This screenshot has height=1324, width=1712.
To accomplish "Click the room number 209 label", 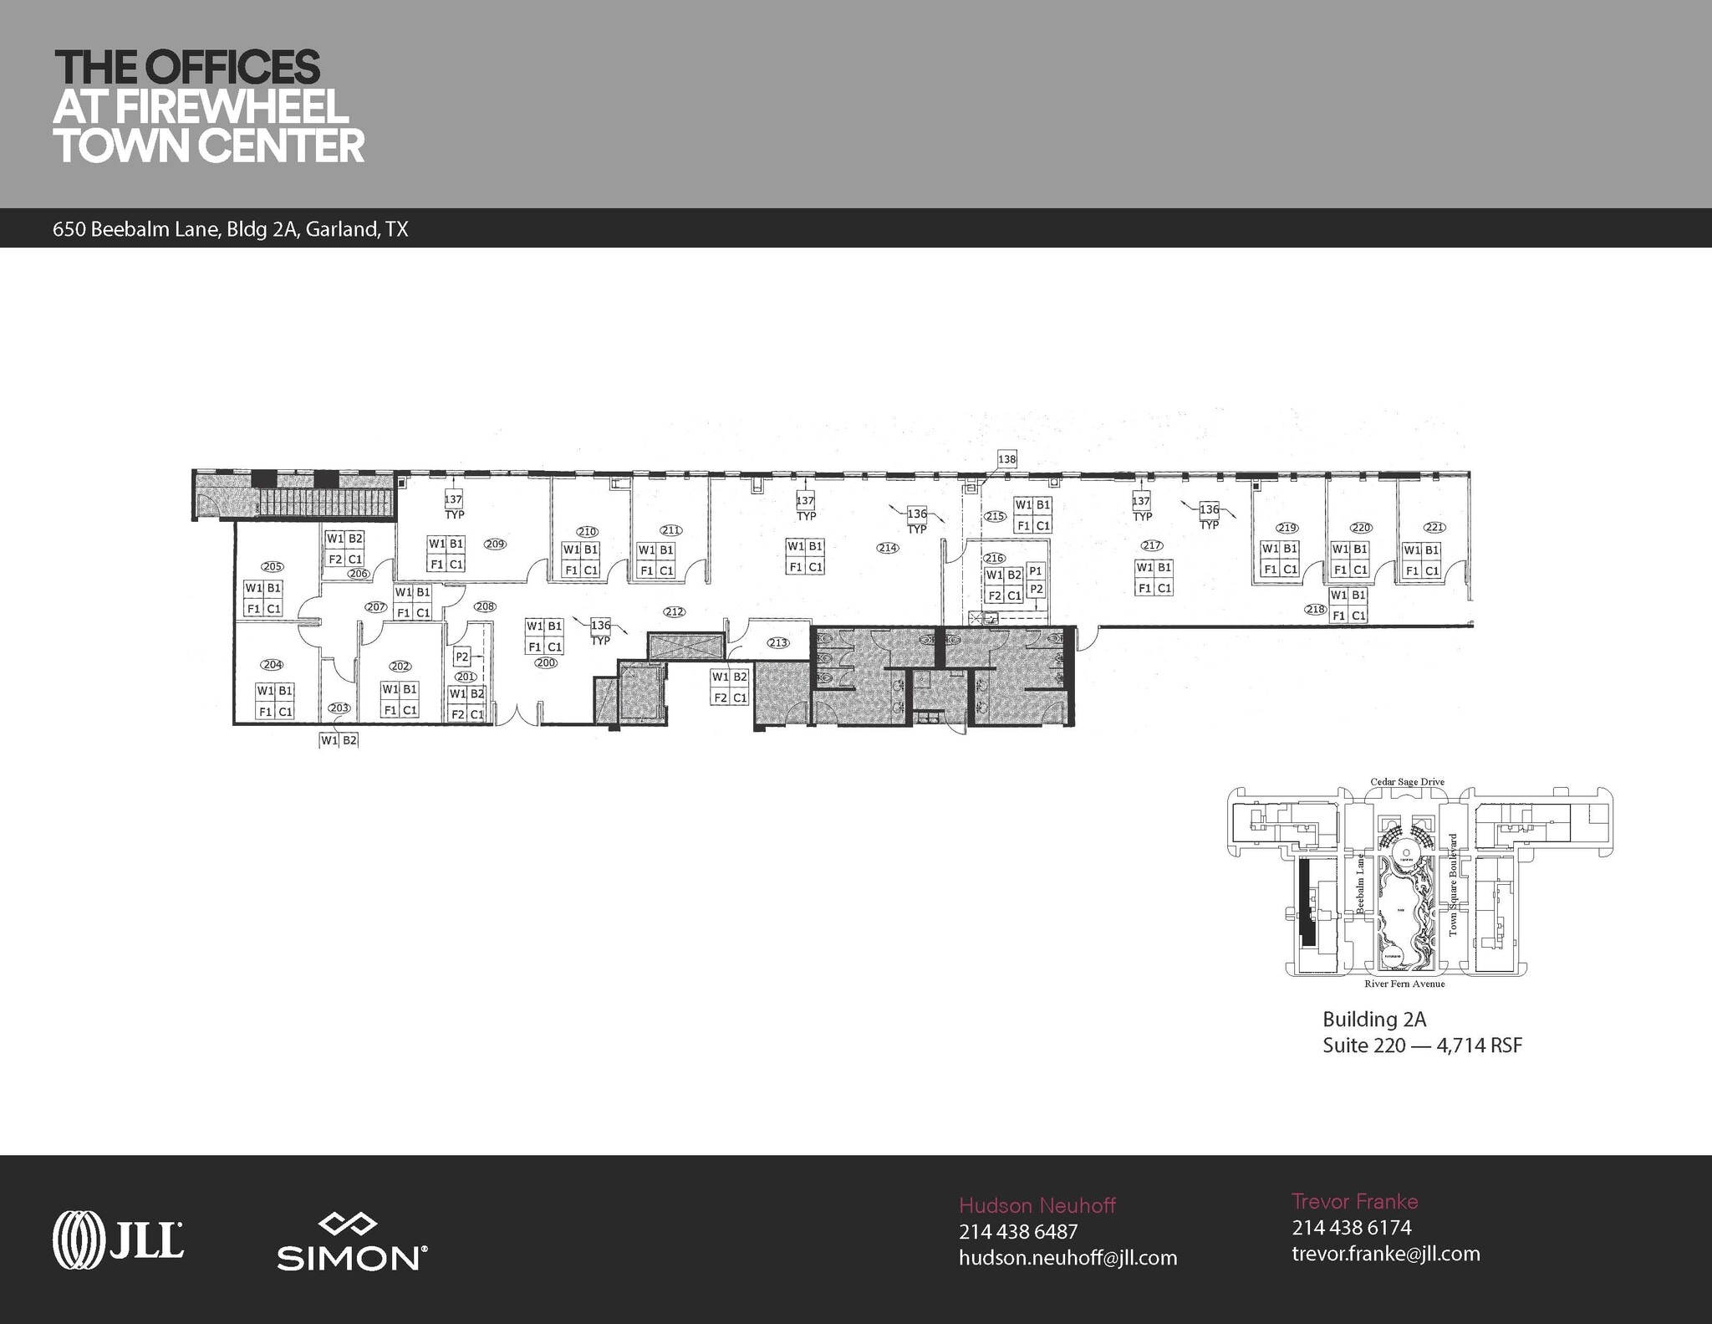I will (495, 544).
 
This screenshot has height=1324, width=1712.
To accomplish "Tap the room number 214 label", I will (887, 548).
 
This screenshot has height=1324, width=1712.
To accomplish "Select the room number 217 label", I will (1151, 545).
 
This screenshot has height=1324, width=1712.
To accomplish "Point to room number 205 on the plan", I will (272, 566).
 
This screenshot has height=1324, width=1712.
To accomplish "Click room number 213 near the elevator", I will (777, 643).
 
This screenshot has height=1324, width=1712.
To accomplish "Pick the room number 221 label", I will (1434, 528).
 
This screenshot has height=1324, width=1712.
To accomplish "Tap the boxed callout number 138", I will (1006, 459).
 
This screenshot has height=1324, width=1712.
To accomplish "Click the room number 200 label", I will (546, 662).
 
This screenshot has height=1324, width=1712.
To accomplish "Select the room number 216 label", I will (994, 558).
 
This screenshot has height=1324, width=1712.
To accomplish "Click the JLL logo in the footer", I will (118, 1237).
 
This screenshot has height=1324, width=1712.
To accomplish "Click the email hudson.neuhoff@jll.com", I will (1067, 1257).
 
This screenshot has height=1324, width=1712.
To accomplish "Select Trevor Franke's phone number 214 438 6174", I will (1351, 1227).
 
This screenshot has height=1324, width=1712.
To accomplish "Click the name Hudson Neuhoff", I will (1037, 1205).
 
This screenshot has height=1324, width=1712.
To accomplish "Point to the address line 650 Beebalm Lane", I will (230, 230).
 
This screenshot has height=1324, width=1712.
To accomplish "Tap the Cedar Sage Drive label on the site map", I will (1407, 782).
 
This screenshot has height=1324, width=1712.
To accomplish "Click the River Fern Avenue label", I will (1404, 984).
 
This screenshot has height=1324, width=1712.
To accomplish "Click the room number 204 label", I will (272, 665).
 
